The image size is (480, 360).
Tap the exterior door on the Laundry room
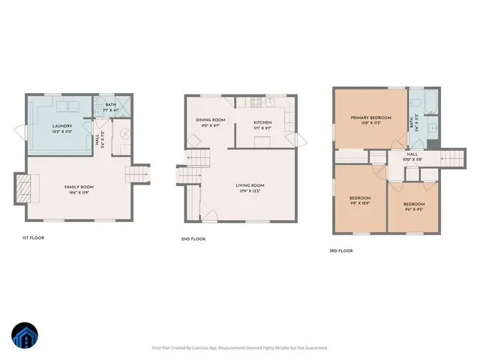(x=21, y=132)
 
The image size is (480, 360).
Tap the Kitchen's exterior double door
(x=300, y=139)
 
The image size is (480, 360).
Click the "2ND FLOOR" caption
(x=193, y=238)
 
